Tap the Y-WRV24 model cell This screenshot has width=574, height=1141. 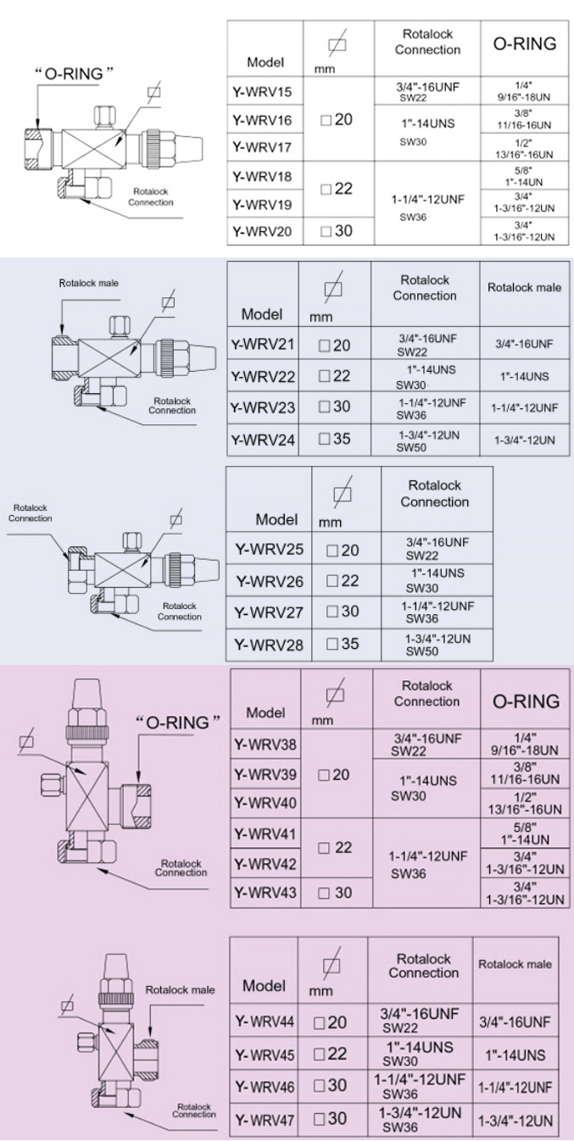[262, 440]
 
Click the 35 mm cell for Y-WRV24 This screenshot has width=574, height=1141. [337, 440]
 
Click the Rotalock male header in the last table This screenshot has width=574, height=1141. [515, 964]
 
